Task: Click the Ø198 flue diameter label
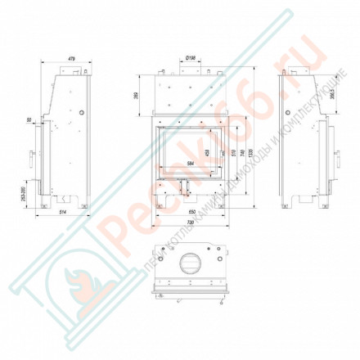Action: (x=190, y=59)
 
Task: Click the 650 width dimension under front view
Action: (x=190, y=212)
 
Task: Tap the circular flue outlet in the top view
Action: (x=190, y=263)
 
